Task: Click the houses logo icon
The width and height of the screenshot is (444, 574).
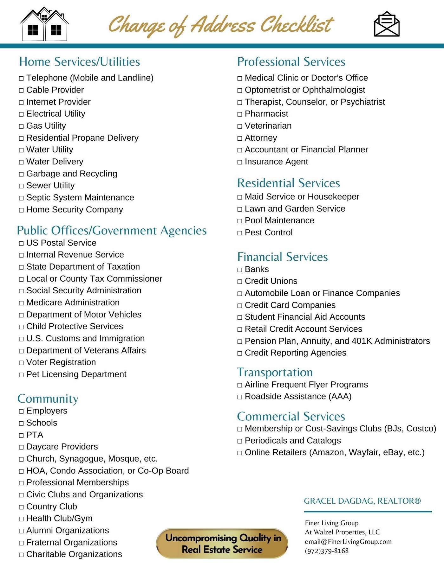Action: pyautogui.click(x=44, y=25)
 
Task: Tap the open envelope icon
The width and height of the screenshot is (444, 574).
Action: pyautogui.click(x=387, y=24)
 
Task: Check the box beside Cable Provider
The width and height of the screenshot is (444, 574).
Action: pyautogui.click(x=21, y=90)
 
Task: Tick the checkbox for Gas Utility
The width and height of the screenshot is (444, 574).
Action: pyautogui.click(x=21, y=126)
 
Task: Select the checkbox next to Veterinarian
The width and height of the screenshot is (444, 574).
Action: pyautogui.click(x=240, y=126)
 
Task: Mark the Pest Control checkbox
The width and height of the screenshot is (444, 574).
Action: pyautogui.click(x=240, y=233)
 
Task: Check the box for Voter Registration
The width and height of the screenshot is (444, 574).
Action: pyautogui.click(x=21, y=363)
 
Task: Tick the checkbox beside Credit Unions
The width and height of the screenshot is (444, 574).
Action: pyautogui.click(x=240, y=281)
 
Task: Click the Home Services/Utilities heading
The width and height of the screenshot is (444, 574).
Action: pyautogui.click(x=80, y=61)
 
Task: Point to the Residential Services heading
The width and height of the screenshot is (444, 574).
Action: pyautogui.click(x=289, y=183)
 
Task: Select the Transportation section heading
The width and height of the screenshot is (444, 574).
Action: pyautogui.click(x=275, y=372)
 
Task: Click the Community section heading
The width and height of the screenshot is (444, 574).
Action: pyautogui.click(x=48, y=399)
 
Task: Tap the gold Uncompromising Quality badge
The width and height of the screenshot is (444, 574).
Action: pyautogui.click(x=222, y=543)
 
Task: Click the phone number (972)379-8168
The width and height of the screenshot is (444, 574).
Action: pyautogui.click(x=327, y=551)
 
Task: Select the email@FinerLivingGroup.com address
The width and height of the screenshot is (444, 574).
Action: pyautogui.click(x=348, y=542)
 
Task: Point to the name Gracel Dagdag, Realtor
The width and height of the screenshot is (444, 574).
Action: pyautogui.click(x=362, y=501)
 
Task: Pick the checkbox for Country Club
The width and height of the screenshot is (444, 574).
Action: pyautogui.click(x=21, y=507)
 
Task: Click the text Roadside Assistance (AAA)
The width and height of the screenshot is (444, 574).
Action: pyautogui.click(x=298, y=397)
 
